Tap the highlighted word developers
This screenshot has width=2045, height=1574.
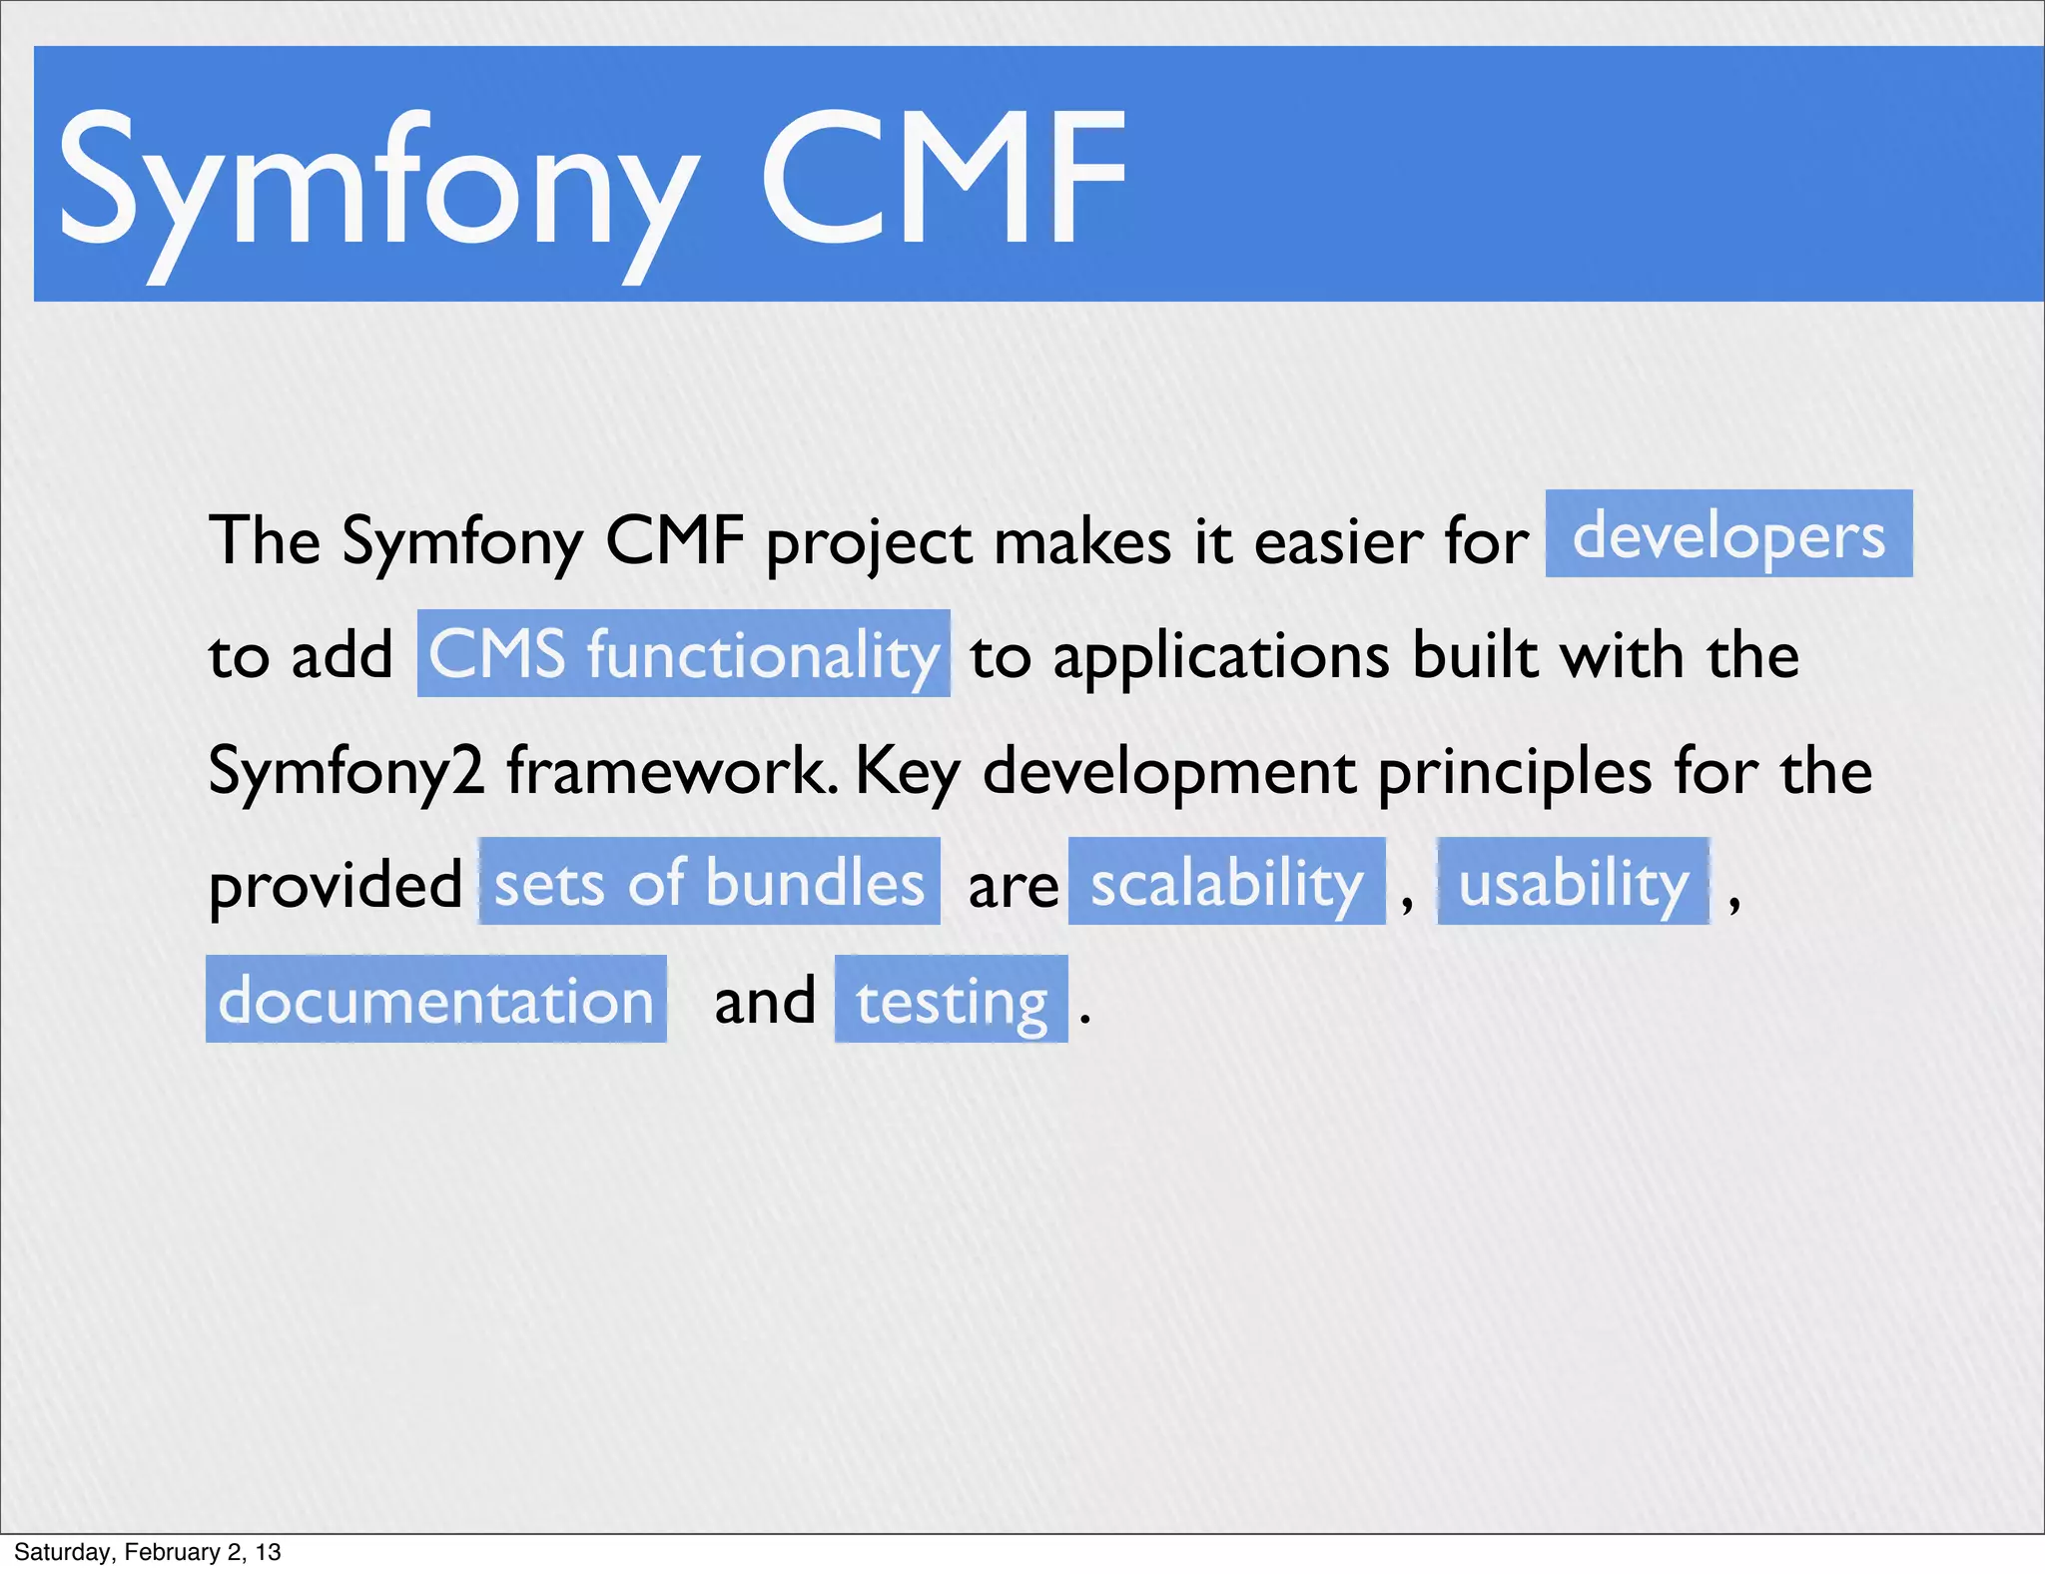1728,534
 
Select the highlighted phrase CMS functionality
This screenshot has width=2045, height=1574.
683,654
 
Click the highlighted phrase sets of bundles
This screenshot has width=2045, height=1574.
709,882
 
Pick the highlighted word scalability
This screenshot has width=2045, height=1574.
1226,882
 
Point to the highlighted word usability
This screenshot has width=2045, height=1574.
1573,882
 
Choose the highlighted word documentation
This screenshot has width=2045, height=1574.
435,1000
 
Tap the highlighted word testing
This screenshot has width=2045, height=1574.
951,1000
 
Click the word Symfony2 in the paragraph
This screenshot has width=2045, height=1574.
345,772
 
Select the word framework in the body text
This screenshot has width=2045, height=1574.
672,770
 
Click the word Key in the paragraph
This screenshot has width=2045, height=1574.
907,772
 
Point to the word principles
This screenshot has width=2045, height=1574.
1514,772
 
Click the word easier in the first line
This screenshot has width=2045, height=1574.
1338,542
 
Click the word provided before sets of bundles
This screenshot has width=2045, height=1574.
335,885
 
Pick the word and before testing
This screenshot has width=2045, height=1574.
765,1000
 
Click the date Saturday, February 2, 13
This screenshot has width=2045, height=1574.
148,1552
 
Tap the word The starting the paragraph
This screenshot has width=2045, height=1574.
264,540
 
